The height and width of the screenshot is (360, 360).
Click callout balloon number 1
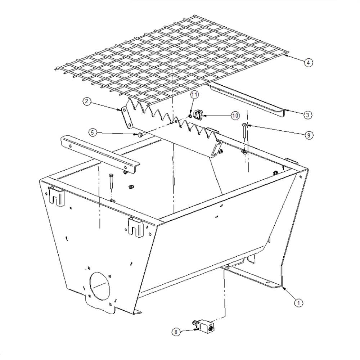[298, 303]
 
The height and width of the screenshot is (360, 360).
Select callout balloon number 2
[87, 102]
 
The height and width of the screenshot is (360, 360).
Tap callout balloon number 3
[308, 114]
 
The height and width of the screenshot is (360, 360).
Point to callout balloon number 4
[309, 62]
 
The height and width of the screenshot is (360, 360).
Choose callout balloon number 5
[93, 132]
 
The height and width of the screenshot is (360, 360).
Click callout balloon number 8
[176, 332]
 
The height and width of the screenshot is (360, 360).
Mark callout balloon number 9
[309, 135]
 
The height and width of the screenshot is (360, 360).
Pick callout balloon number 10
[235, 116]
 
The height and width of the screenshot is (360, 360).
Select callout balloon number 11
[194, 95]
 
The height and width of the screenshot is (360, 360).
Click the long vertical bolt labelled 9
[244, 131]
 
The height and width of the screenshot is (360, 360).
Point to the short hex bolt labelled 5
[140, 135]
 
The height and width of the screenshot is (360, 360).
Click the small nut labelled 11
[190, 116]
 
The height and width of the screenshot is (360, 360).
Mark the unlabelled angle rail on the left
[100, 153]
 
